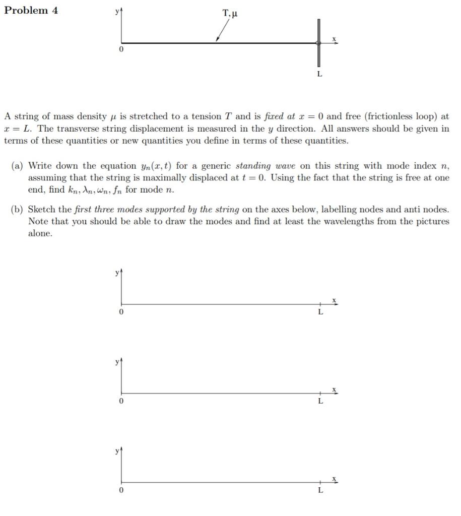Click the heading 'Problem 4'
pyautogui.click(x=31, y=11)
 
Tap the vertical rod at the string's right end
pyautogui.click(x=318, y=43)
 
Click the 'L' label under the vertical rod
pyautogui.click(x=319, y=74)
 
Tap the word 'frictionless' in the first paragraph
pyautogui.click(x=389, y=116)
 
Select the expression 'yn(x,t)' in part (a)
pyautogui.click(x=155, y=166)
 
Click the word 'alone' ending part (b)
pyautogui.click(x=40, y=234)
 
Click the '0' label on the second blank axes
pyautogui.click(x=121, y=401)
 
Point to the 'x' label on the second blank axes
pyautogui.click(x=334, y=389)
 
